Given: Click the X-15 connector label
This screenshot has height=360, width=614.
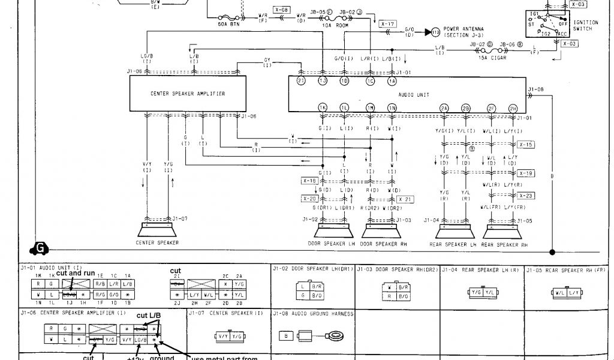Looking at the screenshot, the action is [x=526, y=145].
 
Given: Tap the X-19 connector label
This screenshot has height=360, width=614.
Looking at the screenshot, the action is [x=526, y=173].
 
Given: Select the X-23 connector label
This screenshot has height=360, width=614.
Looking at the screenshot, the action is [x=526, y=196].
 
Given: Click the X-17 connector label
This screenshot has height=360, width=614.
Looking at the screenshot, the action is [x=388, y=24].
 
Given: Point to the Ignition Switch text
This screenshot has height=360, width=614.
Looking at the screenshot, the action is [x=585, y=25].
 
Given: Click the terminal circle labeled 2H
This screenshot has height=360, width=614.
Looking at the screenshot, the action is [x=513, y=108].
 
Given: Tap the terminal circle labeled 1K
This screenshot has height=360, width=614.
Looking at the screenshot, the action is [x=323, y=107].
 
